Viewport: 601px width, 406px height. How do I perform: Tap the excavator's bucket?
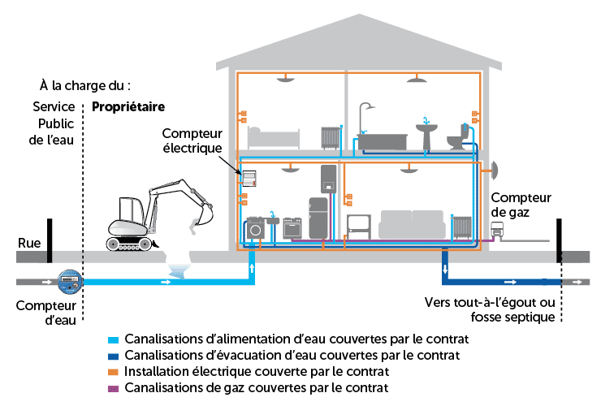point(201,217)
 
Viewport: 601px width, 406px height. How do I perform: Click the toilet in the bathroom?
point(460,138)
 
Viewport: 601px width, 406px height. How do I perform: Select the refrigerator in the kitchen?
point(318,218)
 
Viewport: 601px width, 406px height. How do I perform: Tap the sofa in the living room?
point(411,224)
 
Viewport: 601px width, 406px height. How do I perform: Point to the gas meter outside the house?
point(496,231)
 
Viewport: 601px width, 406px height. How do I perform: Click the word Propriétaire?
point(128,107)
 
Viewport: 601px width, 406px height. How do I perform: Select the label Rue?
point(28,242)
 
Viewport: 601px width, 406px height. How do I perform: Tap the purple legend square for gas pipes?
point(115,388)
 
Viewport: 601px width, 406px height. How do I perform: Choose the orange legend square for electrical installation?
point(115,372)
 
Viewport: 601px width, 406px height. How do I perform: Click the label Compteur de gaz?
point(521,204)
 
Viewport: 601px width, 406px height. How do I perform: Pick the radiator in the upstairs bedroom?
point(329,137)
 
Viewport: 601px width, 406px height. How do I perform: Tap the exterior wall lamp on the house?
point(491,170)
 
